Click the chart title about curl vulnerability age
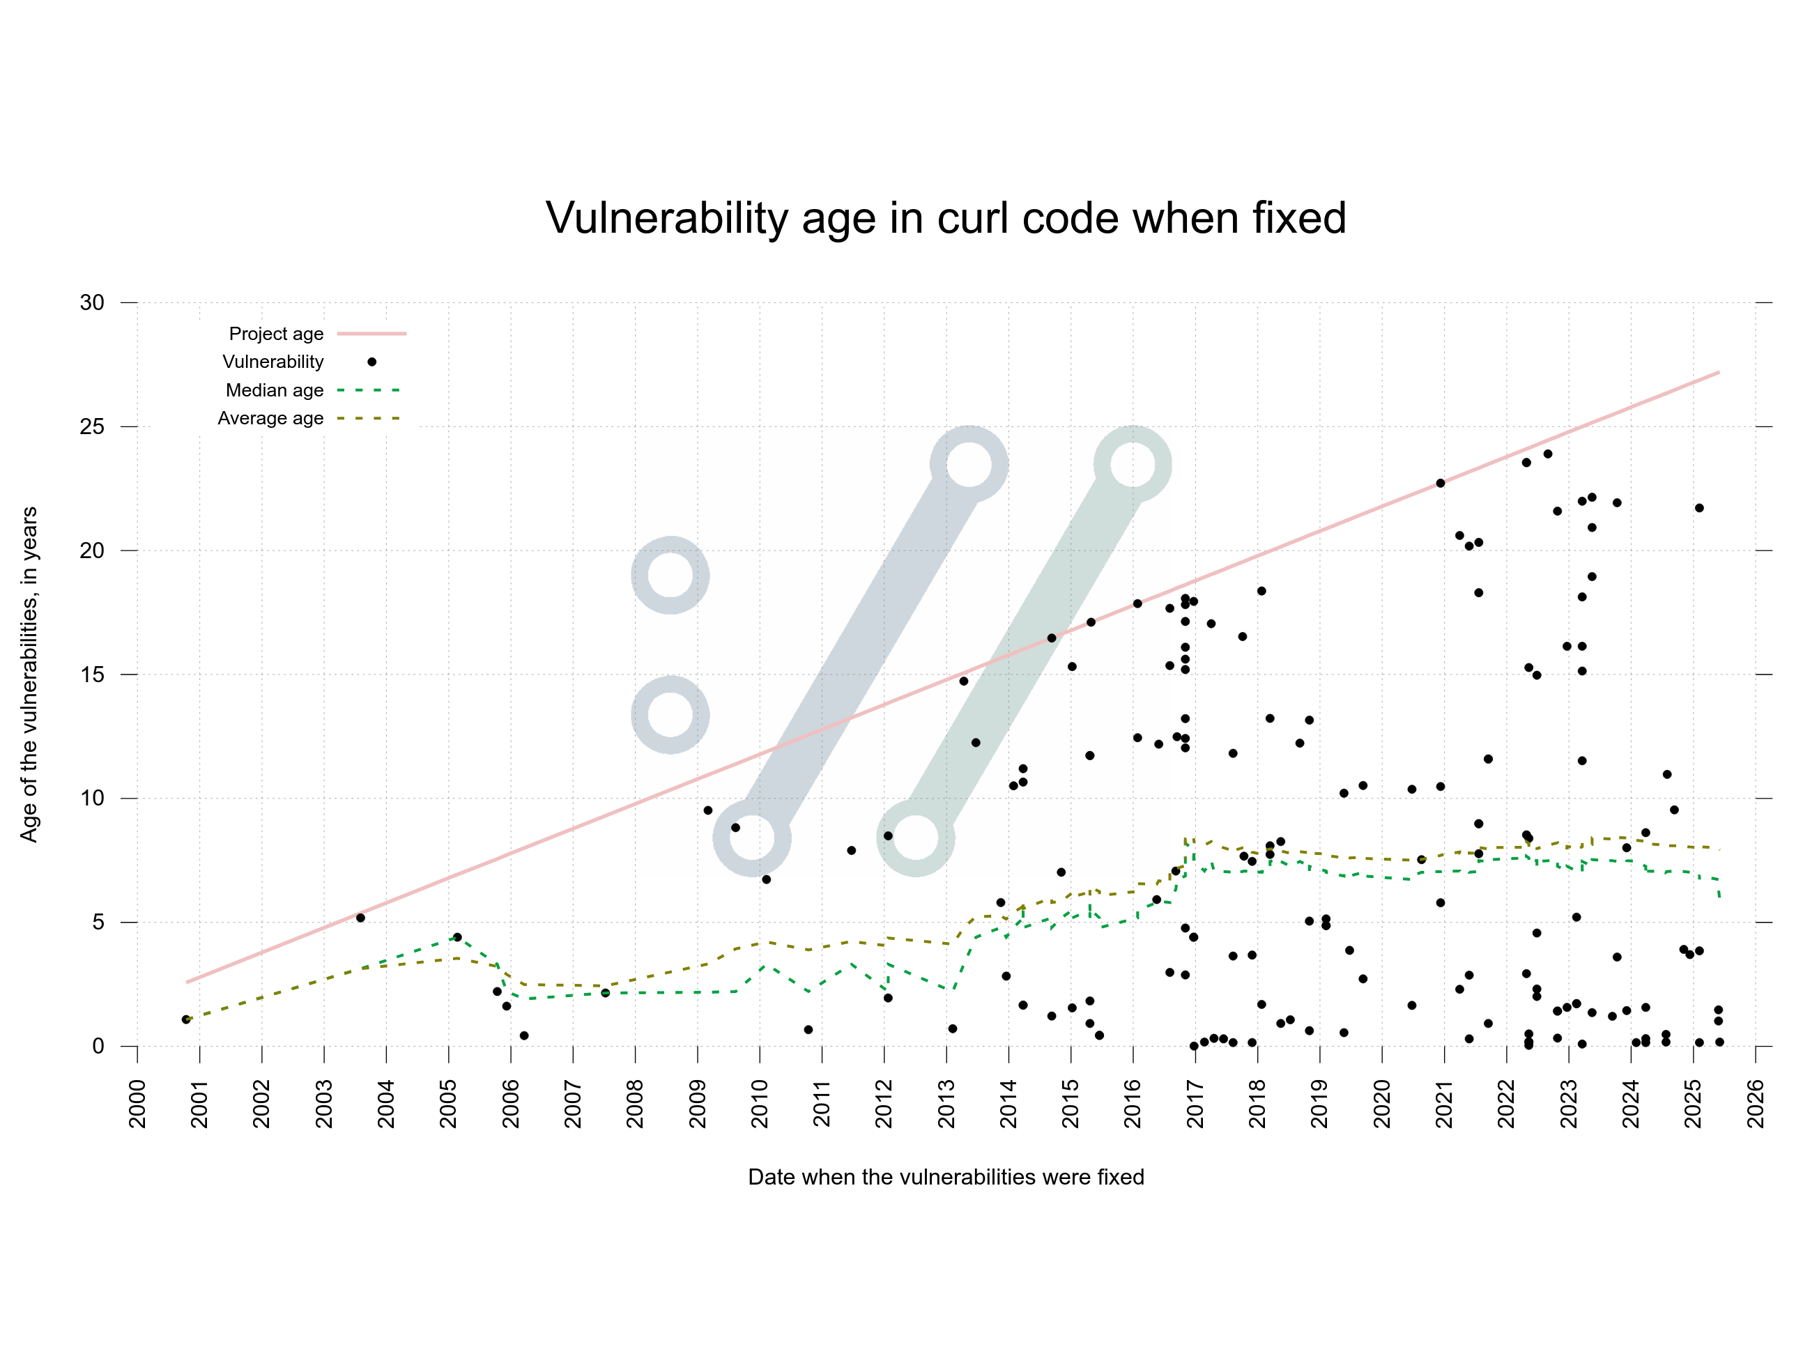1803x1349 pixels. coord(946,219)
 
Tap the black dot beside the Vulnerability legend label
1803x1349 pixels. coord(371,362)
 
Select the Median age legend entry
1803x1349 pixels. coord(275,390)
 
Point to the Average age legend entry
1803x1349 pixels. coord(270,418)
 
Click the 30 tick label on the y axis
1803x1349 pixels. coord(92,302)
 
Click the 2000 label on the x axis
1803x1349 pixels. coord(137,1104)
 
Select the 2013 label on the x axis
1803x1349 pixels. coord(946,1104)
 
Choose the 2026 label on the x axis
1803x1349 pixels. coord(1756,1104)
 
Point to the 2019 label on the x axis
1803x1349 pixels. coord(1319,1104)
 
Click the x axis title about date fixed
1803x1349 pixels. coord(946,1177)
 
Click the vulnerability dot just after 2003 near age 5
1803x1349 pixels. coord(360,918)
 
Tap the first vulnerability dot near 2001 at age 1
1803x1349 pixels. coord(186,1019)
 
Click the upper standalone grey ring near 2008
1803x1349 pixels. coord(670,575)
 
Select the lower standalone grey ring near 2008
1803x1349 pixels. coord(670,715)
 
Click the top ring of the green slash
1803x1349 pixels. coord(1132,465)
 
